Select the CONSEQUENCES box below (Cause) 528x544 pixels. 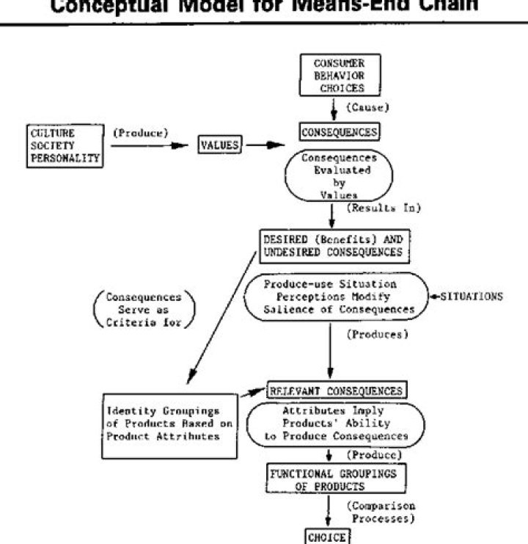(339, 132)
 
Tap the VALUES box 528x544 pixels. (220, 145)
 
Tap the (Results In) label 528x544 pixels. (384, 209)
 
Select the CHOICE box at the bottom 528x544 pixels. (326, 536)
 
